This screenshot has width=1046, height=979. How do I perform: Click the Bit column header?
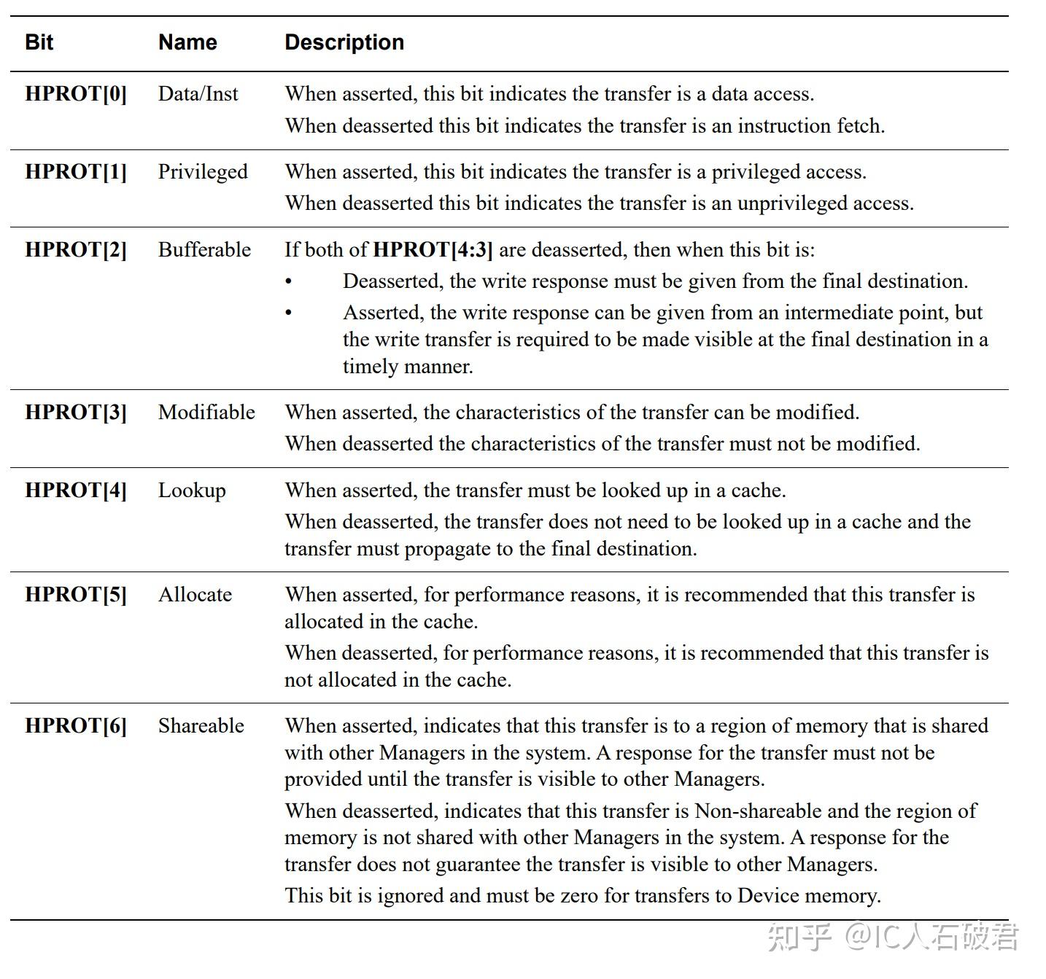pyautogui.click(x=39, y=42)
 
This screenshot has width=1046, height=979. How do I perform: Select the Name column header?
pyautogui.click(x=187, y=42)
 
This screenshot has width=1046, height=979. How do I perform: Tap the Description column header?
pyautogui.click(x=344, y=42)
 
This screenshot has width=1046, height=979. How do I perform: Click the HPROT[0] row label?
pyautogui.click(x=76, y=94)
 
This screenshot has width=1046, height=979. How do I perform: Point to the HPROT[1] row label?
pyautogui.click(x=76, y=172)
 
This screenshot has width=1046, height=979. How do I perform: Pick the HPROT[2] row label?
pyautogui.click(x=76, y=250)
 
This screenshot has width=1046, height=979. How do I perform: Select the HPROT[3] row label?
pyautogui.click(x=76, y=413)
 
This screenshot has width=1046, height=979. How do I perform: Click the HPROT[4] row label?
pyautogui.click(x=76, y=491)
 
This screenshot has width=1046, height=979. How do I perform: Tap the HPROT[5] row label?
pyautogui.click(x=76, y=595)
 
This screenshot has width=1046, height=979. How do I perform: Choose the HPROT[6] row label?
pyautogui.click(x=76, y=726)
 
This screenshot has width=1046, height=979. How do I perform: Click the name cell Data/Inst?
pyautogui.click(x=198, y=94)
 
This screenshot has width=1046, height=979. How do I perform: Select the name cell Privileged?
pyautogui.click(x=203, y=172)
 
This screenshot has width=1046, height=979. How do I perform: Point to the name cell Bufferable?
pyautogui.click(x=204, y=250)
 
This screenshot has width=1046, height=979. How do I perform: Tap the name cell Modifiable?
pyautogui.click(x=206, y=413)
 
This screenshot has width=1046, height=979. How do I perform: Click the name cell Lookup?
pyautogui.click(x=192, y=491)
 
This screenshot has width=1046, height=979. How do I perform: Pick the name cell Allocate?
pyautogui.click(x=195, y=595)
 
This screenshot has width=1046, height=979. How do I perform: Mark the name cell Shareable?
pyautogui.click(x=201, y=726)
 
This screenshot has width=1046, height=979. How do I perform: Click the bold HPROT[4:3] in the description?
pyautogui.click(x=433, y=250)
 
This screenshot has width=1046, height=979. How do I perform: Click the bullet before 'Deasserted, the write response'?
pyautogui.click(x=289, y=281)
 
